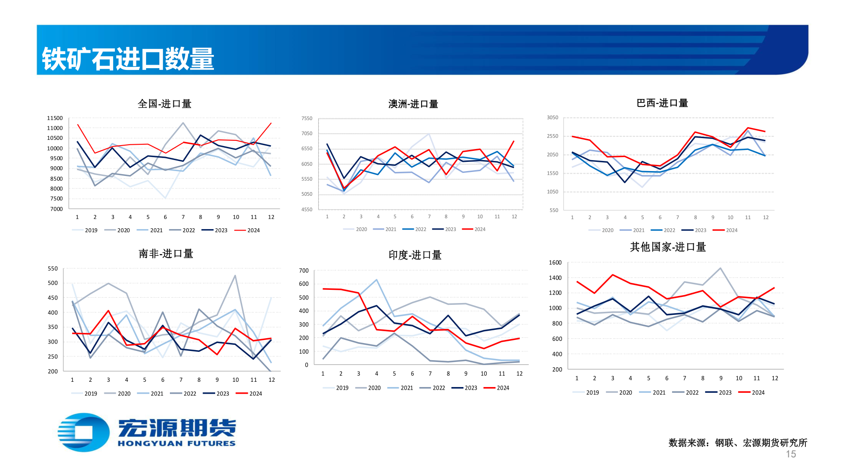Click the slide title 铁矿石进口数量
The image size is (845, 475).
point(128,59)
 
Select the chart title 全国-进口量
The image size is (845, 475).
point(165,104)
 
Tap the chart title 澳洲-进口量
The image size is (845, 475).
point(413,104)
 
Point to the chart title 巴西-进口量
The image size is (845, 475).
point(662,103)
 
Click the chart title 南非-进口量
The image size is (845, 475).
point(166,254)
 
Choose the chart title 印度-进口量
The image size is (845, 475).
point(415,255)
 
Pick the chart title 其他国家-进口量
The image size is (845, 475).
point(668,247)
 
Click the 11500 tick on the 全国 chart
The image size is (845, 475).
point(55,118)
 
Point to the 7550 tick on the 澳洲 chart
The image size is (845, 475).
point(307,118)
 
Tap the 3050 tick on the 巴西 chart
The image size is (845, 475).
point(552,117)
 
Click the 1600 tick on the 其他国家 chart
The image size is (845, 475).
point(555,263)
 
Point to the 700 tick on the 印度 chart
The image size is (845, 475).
point(304,270)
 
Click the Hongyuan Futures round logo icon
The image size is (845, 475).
point(84,432)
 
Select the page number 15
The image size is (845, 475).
point(791,454)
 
